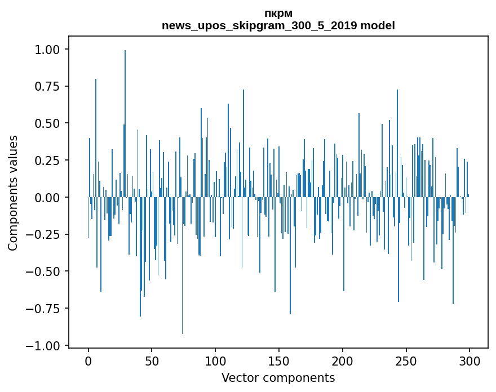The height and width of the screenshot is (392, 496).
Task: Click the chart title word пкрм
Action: click(278, 14)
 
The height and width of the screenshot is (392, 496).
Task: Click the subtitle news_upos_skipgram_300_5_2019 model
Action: click(278, 25)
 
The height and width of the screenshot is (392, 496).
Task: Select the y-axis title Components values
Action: click(13, 193)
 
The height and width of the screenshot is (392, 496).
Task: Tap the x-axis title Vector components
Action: click(278, 378)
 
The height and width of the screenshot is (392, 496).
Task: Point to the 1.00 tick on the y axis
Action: click(47, 50)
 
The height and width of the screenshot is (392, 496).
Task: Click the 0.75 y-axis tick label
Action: click(47, 87)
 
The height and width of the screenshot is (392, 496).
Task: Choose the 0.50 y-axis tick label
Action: click(47, 123)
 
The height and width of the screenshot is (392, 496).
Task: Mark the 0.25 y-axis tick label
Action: click(47, 161)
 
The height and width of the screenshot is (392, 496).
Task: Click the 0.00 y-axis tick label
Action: click(47, 198)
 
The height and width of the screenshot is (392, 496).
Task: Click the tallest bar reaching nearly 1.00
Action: click(125, 124)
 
